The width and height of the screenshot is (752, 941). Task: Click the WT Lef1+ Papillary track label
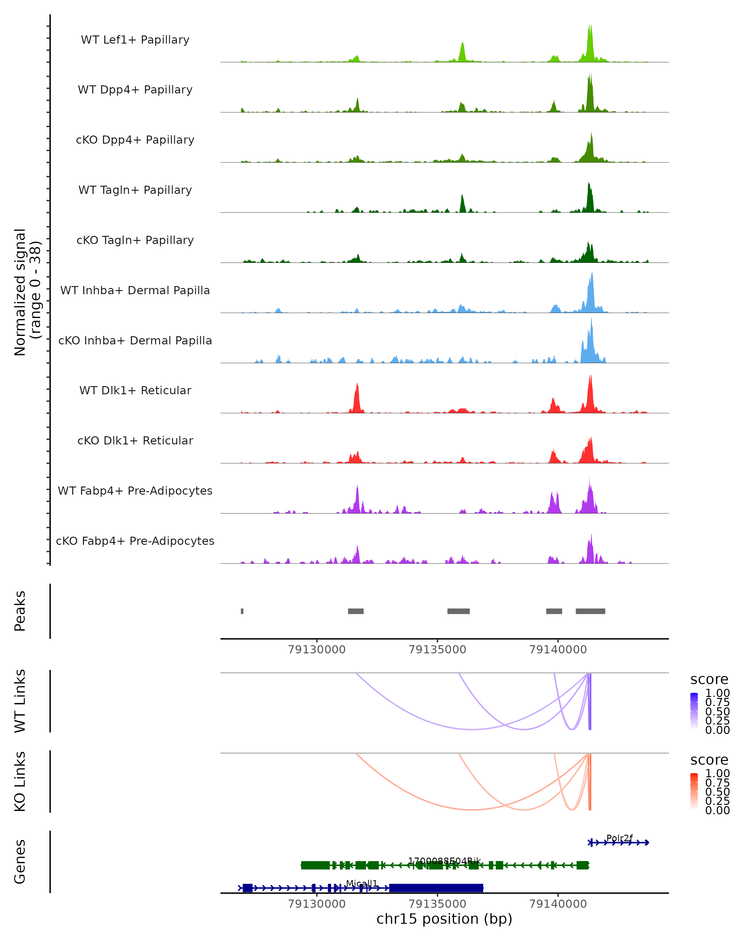click(135, 40)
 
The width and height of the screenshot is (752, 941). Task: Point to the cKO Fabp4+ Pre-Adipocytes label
click(135, 541)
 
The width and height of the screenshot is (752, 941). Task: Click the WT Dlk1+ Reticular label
click(135, 390)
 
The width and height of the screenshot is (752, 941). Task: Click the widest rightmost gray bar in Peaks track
click(590, 611)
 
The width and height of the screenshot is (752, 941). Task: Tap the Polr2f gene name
click(619, 837)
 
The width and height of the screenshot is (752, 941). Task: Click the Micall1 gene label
click(362, 883)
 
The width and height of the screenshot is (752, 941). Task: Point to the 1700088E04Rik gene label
click(444, 861)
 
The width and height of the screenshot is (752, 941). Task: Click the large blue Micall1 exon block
click(436, 888)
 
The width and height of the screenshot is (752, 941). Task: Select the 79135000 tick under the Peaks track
click(437, 650)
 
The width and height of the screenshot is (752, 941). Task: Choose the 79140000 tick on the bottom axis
click(558, 904)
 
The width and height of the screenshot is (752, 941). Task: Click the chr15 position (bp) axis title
click(444, 919)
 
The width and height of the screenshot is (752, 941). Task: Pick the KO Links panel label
click(20, 781)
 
